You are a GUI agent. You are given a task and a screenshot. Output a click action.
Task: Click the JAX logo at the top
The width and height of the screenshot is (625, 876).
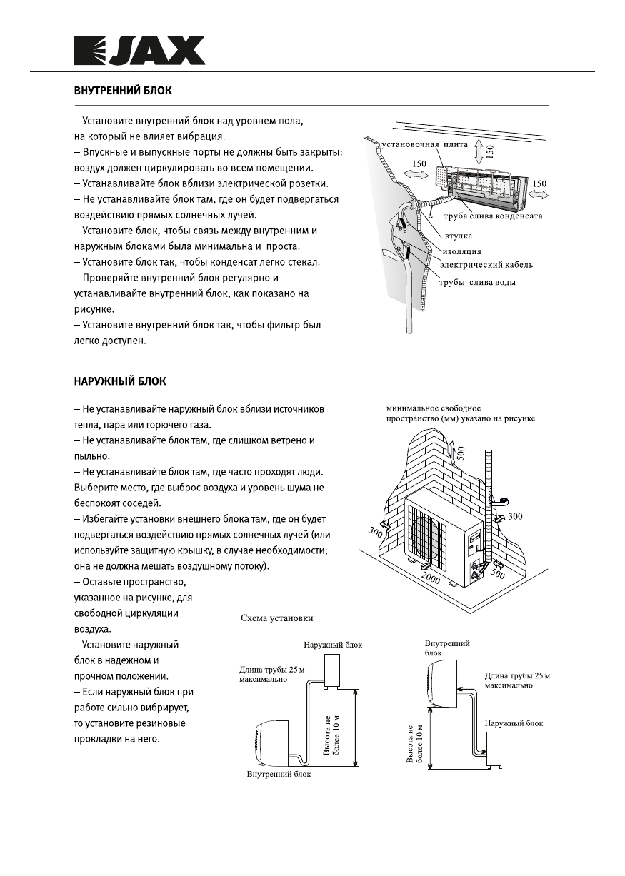pyautogui.click(x=140, y=51)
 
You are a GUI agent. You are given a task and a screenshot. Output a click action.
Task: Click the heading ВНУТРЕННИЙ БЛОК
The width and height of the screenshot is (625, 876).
pyautogui.click(x=123, y=91)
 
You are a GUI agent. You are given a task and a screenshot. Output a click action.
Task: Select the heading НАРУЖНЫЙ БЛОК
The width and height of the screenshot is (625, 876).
pyautogui.click(x=120, y=381)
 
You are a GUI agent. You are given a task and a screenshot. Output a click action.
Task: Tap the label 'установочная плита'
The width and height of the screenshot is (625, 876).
pyautogui.click(x=424, y=144)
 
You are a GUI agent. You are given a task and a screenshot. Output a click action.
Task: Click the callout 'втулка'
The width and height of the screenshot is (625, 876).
pyautogui.click(x=458, y=235)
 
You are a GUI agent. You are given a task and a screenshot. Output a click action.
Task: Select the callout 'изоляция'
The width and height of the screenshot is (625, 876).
pyautogui.click(x=461, y=251)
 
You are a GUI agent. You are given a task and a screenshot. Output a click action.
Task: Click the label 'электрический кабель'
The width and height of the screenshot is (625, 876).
pyautogui.click(x=486, y=265)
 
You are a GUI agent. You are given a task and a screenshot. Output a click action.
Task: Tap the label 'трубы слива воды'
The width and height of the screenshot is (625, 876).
pyautogui.click(x=476, y=283)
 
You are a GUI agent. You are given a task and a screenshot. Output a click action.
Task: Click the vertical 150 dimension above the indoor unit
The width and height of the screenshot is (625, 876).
pyautogui.click(x=490, y=150)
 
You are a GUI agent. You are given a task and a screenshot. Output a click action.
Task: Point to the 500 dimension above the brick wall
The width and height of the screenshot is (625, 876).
pyautogui.click(x=461, y=453)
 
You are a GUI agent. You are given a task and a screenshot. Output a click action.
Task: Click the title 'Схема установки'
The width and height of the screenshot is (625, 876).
pyautogui.click(x=276, y=618)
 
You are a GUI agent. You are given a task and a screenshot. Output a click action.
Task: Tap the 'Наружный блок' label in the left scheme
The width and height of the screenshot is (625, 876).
pyautogui.click(x=332, y=645)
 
